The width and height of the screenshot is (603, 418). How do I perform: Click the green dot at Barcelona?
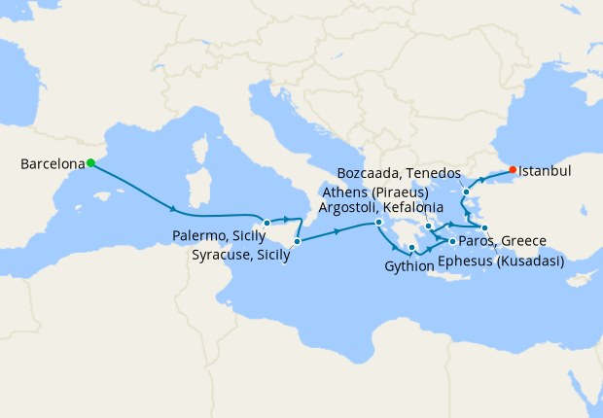(x=89, y=162)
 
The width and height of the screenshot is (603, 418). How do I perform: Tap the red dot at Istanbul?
(x=513, y=170)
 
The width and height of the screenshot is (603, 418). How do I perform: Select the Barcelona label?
(x=52, y=164)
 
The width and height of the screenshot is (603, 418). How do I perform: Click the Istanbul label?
(x=545, y=171)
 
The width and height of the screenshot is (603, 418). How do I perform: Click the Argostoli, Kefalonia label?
(x=382, y=207)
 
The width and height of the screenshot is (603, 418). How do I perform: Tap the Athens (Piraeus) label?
(x=374, y=192)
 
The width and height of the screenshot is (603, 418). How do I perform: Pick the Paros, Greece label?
(x=504, y=241)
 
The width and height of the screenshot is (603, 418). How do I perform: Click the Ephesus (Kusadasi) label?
(x=501, y=261)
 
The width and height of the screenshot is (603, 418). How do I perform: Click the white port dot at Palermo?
(x=266, y=223)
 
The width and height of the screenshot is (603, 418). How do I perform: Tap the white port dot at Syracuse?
(x=297, y=241)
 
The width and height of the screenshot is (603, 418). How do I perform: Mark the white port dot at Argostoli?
(x=378, y=225)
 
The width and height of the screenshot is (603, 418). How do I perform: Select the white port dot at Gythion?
(x=412, y=248)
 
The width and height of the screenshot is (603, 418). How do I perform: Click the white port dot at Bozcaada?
(x=466, y=192)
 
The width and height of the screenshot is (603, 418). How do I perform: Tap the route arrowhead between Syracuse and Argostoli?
(x=337, y=231)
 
